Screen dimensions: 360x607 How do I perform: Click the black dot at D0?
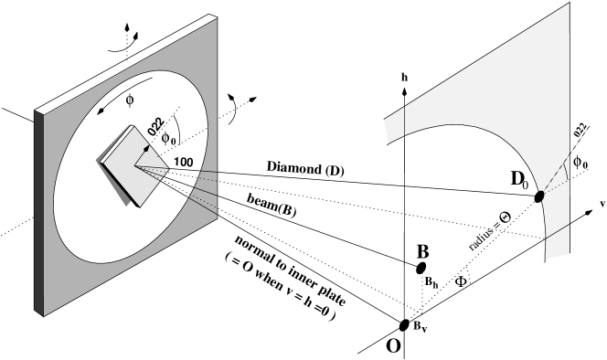[x=539, y=196]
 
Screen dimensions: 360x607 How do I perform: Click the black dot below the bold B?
[x=421, y=268]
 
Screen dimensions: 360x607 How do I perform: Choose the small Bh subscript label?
[x=431, y=284]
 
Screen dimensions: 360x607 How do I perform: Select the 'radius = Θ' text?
[x=490, y=234]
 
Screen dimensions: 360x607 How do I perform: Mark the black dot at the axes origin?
[x=405, y=322]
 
